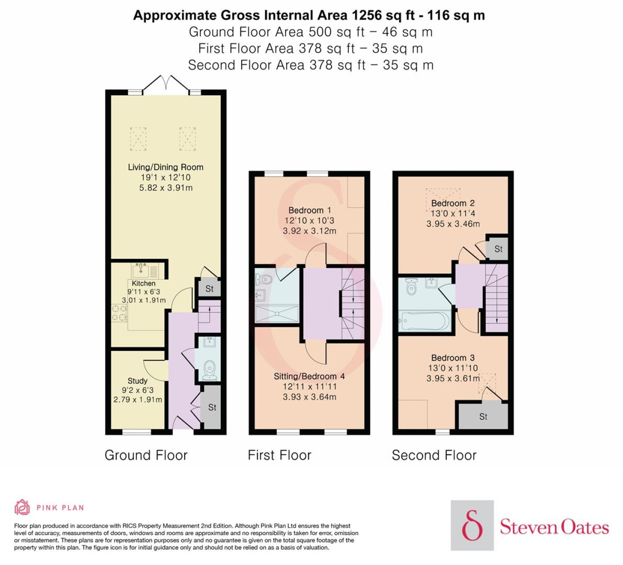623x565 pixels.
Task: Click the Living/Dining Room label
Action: (x=166, y=167)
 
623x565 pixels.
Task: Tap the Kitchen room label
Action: (x=143, y=283)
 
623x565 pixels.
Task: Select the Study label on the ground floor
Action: (x=137, y=381)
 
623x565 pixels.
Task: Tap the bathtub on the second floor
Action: (x=424, y=320)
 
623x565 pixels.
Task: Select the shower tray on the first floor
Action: (x=277, y=314)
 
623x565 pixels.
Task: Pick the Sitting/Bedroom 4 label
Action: (x=309, y=376)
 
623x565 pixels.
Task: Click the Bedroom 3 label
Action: (x=453, y=358)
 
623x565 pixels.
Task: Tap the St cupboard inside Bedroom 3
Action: (x=483, y=416)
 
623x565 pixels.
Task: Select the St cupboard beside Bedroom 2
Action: (x=498, y=249)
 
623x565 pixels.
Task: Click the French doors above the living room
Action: (x=166, y=84)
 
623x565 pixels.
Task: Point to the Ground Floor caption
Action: (x=146, y=456)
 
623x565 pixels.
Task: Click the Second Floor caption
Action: (x=434, y=456)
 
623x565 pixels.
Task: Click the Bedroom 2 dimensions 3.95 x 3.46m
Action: (x=453, y=224)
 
